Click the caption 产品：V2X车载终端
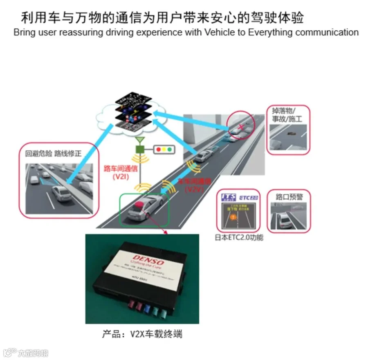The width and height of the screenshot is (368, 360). pyautogui.click(x=142, y=334)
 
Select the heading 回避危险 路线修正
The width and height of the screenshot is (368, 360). pyautogui.click(x=54, y=154)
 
